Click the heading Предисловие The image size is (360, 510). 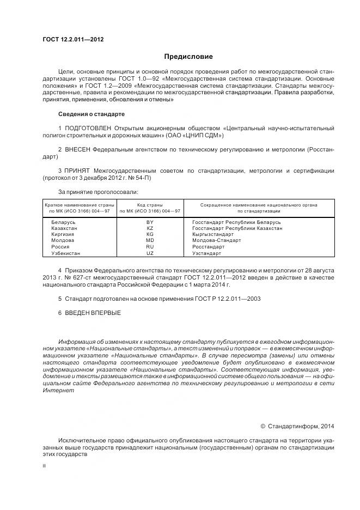(x=189, y=57)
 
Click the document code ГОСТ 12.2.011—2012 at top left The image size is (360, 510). (x=72, y=40)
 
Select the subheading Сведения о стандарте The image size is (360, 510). (x=91, y=114)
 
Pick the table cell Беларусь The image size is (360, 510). (x=63, y=223)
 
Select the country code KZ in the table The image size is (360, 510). (x=150, y=228)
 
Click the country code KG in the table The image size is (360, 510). (x=150, y=234)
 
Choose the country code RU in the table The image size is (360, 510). (x=150, y=246)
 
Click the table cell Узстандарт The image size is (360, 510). (x=206, y=253)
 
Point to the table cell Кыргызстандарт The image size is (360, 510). (x=212, y=234)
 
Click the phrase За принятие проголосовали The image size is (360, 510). (x=98, y=191)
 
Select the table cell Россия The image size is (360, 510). (x=60, y=246)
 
